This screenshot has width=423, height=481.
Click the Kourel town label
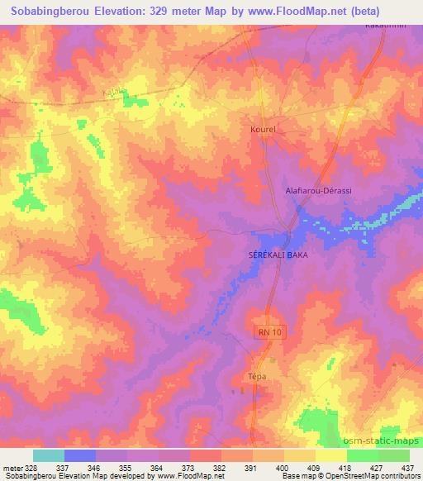262,130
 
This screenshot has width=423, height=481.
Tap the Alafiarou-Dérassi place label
318,191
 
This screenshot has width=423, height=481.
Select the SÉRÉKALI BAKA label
278,255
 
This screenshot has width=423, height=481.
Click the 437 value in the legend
407,467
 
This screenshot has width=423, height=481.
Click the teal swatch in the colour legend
48,455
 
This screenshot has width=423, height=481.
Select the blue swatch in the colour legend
80,455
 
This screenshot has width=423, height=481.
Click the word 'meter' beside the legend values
11,467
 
